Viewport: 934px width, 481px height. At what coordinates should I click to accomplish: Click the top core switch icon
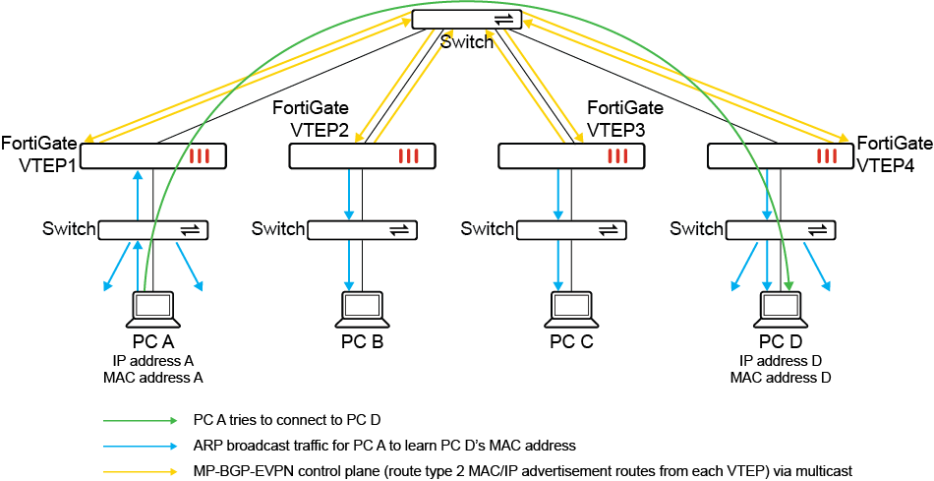[x=461, y=20]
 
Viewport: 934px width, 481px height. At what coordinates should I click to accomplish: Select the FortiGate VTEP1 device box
[x=153, y=155]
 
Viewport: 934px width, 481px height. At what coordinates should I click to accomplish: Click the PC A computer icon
[x=152, y=310]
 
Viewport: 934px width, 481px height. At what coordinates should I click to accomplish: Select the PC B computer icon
[x=362, y=310]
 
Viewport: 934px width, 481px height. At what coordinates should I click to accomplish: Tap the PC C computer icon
[x=571, y=310]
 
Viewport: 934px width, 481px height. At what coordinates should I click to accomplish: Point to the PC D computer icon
[x=781, y=310]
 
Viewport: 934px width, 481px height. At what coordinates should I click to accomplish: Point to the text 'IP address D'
[x=781, y=361]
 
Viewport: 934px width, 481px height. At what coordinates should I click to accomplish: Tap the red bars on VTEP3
[x=618, y=155]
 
